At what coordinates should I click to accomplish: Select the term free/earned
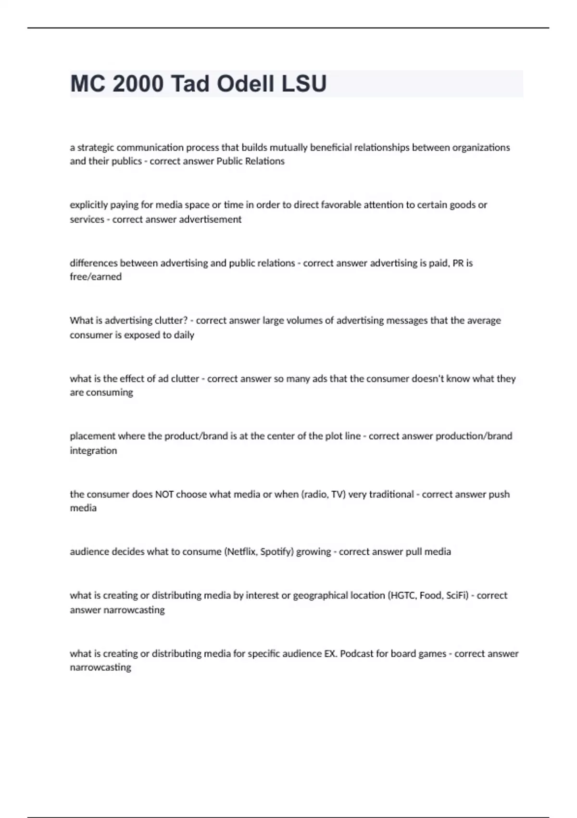point(96,277)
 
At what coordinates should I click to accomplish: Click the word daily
point(184,335)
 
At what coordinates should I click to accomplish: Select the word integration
point(93,451)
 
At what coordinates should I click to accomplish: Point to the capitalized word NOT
point(164,494)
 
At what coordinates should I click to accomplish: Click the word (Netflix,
point(242,552)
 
